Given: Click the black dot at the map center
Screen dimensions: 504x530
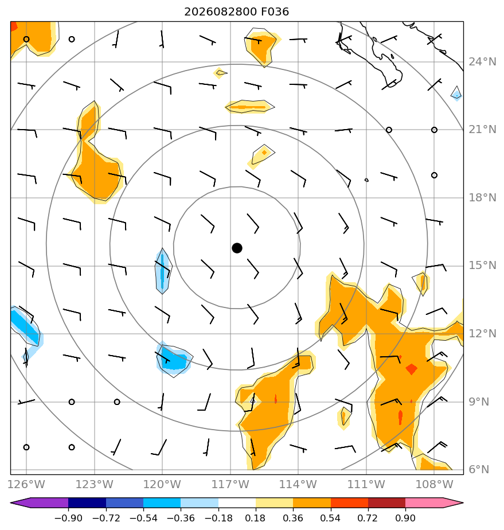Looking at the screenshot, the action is pyautogui.click(x=237, y=248).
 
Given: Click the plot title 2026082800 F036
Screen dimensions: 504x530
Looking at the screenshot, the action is pyautogui.click(x=236, y=12).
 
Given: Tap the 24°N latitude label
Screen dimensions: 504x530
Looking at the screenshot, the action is pyautogui.click(x=482, y=62).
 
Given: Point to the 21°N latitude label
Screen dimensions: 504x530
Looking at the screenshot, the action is pyautogui.click(x=482, y=130).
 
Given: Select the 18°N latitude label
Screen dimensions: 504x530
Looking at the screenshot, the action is pyautogui.click(x=482, y=198).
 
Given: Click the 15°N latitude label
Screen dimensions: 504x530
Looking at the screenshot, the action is pyautogui.click(x=482, y=266).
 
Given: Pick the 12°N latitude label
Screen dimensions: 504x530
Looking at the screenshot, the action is pyautogui.click(x=482, y=334).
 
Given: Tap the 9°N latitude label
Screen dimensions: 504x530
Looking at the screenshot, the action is pyautogui.click(x=479, y=402).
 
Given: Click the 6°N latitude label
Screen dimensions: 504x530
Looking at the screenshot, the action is pyautogui.click(x=479, y=470).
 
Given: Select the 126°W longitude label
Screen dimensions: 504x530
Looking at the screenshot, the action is pyautogui.click(x=26, y=484).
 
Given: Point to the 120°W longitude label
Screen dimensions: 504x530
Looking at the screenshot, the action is pyautogui.click(x=162, y=484).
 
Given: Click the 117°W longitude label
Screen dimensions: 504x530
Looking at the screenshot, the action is pyautogui.click(x=230, y=484).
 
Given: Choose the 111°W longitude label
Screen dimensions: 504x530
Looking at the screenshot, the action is pyautogui.click(x=366, y=484).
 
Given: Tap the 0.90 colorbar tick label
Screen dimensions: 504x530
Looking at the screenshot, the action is pyautogui.click(x=405, y=518).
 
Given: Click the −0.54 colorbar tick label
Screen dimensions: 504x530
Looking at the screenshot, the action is pyautogui.click(x=143, y=518).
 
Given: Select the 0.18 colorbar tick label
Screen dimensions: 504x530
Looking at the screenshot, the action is pyautogui.click(x=255, y=518).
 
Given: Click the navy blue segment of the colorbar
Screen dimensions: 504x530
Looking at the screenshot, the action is pyautogui.click(x=87, y=503).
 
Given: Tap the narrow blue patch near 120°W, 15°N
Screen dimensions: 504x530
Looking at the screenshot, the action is pyautogui.click(x=163, y=271).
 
